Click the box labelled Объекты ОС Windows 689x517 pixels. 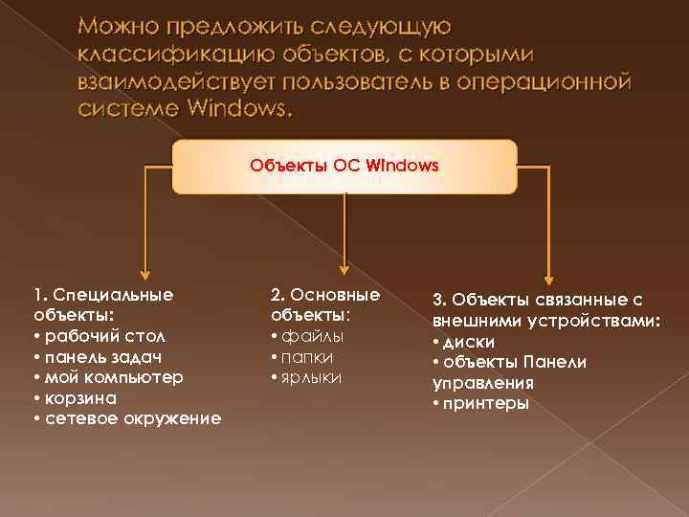click(x=344, y=166)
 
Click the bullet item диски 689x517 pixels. click(x=469, y=342)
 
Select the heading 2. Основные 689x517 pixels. click(x=325, y=294)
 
